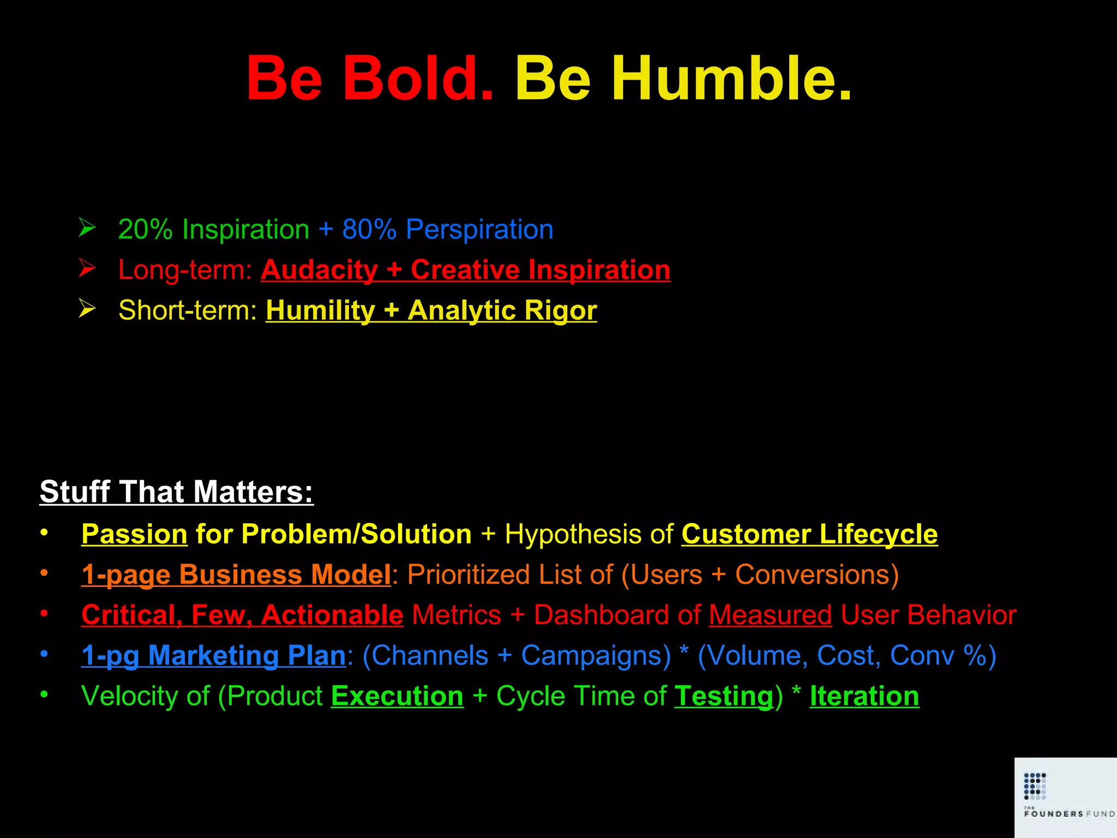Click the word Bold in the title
click(417, 79)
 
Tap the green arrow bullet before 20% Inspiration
click(87, 228)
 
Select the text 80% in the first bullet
click(369, 229)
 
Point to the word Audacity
click(319, 270)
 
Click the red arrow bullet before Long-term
click(87, 268)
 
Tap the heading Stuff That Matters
click(176, 492)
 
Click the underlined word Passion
click(134, 534)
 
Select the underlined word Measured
click(770, 615)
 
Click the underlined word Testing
click(724, 697)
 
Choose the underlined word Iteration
click(864, 696)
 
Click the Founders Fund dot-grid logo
click(1035, 786)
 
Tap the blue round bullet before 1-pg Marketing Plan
click(44, 654)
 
